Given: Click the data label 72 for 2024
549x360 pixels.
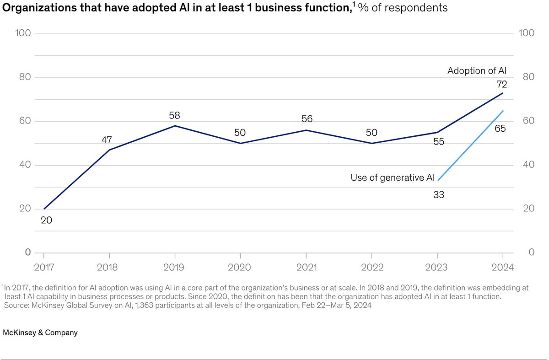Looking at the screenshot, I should pos(502,84).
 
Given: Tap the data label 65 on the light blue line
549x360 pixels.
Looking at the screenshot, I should pos(500,129).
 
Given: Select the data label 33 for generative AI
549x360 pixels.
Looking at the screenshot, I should pos(438,195).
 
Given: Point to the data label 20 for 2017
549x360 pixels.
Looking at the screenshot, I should pos(46,220).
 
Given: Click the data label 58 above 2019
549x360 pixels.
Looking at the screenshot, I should pos(174,114).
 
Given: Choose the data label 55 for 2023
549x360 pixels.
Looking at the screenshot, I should pos(438,142).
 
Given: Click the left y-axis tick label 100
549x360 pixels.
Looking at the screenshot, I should pos(23,33).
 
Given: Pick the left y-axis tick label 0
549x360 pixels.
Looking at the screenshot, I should pos(28,253).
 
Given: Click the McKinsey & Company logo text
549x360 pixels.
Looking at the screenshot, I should pos(40,333).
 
